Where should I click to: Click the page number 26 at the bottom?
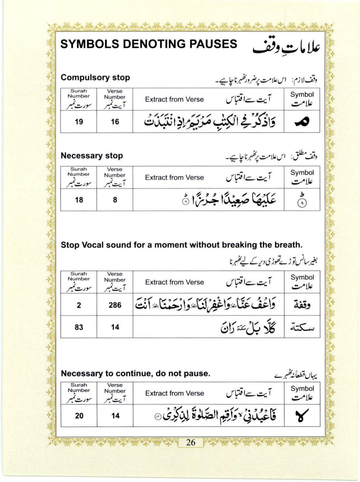coord(191,442)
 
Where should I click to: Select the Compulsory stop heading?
coord(95,77)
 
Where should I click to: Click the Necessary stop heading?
coord(92,155)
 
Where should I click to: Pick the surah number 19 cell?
coord(79,122)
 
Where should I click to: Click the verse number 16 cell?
coord(115,122)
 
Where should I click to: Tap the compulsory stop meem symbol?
coord(302,121)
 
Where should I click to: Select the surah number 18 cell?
coord(79,200)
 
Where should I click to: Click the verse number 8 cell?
coord(115,200)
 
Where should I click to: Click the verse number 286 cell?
coord(115,305)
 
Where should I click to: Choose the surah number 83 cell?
coord(79,327)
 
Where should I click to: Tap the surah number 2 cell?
coord(79,305)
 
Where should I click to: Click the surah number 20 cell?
coord(79,416)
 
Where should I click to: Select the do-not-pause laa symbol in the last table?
coord(302,416)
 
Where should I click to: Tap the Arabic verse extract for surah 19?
coord(209,122)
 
